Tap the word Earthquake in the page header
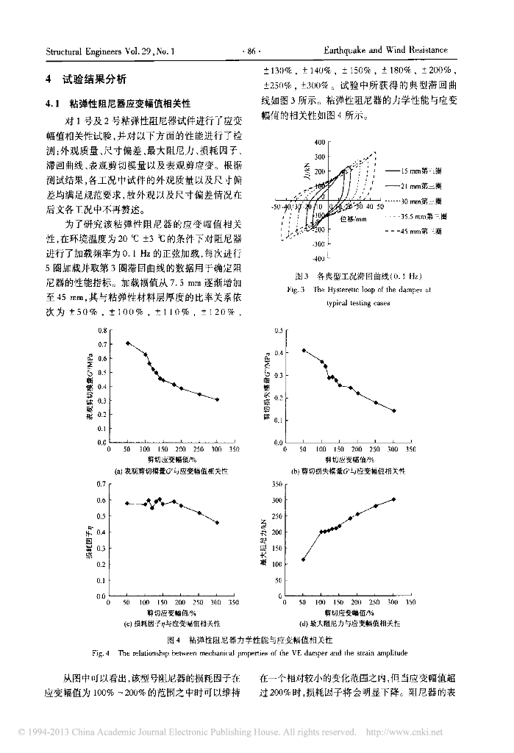click(351, 51)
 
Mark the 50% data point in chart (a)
click(127, 343)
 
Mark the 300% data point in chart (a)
click(217, 399)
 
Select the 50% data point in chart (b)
click(303, 350)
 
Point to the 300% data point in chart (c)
click(217, 523)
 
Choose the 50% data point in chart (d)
click(303, 560)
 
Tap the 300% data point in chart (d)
click(393, 499)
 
